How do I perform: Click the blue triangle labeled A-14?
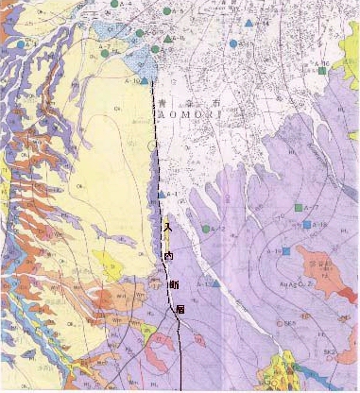pos(248,23)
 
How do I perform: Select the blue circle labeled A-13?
pos(233,43)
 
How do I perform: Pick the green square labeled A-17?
pos(298,206)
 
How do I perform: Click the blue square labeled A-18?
pos(307,225)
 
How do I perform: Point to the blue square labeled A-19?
pos(284,250)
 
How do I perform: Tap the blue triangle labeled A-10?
pos(216,283)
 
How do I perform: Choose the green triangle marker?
pos(168,39)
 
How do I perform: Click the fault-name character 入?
pos(167,228)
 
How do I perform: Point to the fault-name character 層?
pos(180,310)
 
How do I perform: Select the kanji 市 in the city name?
pos(216,98)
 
